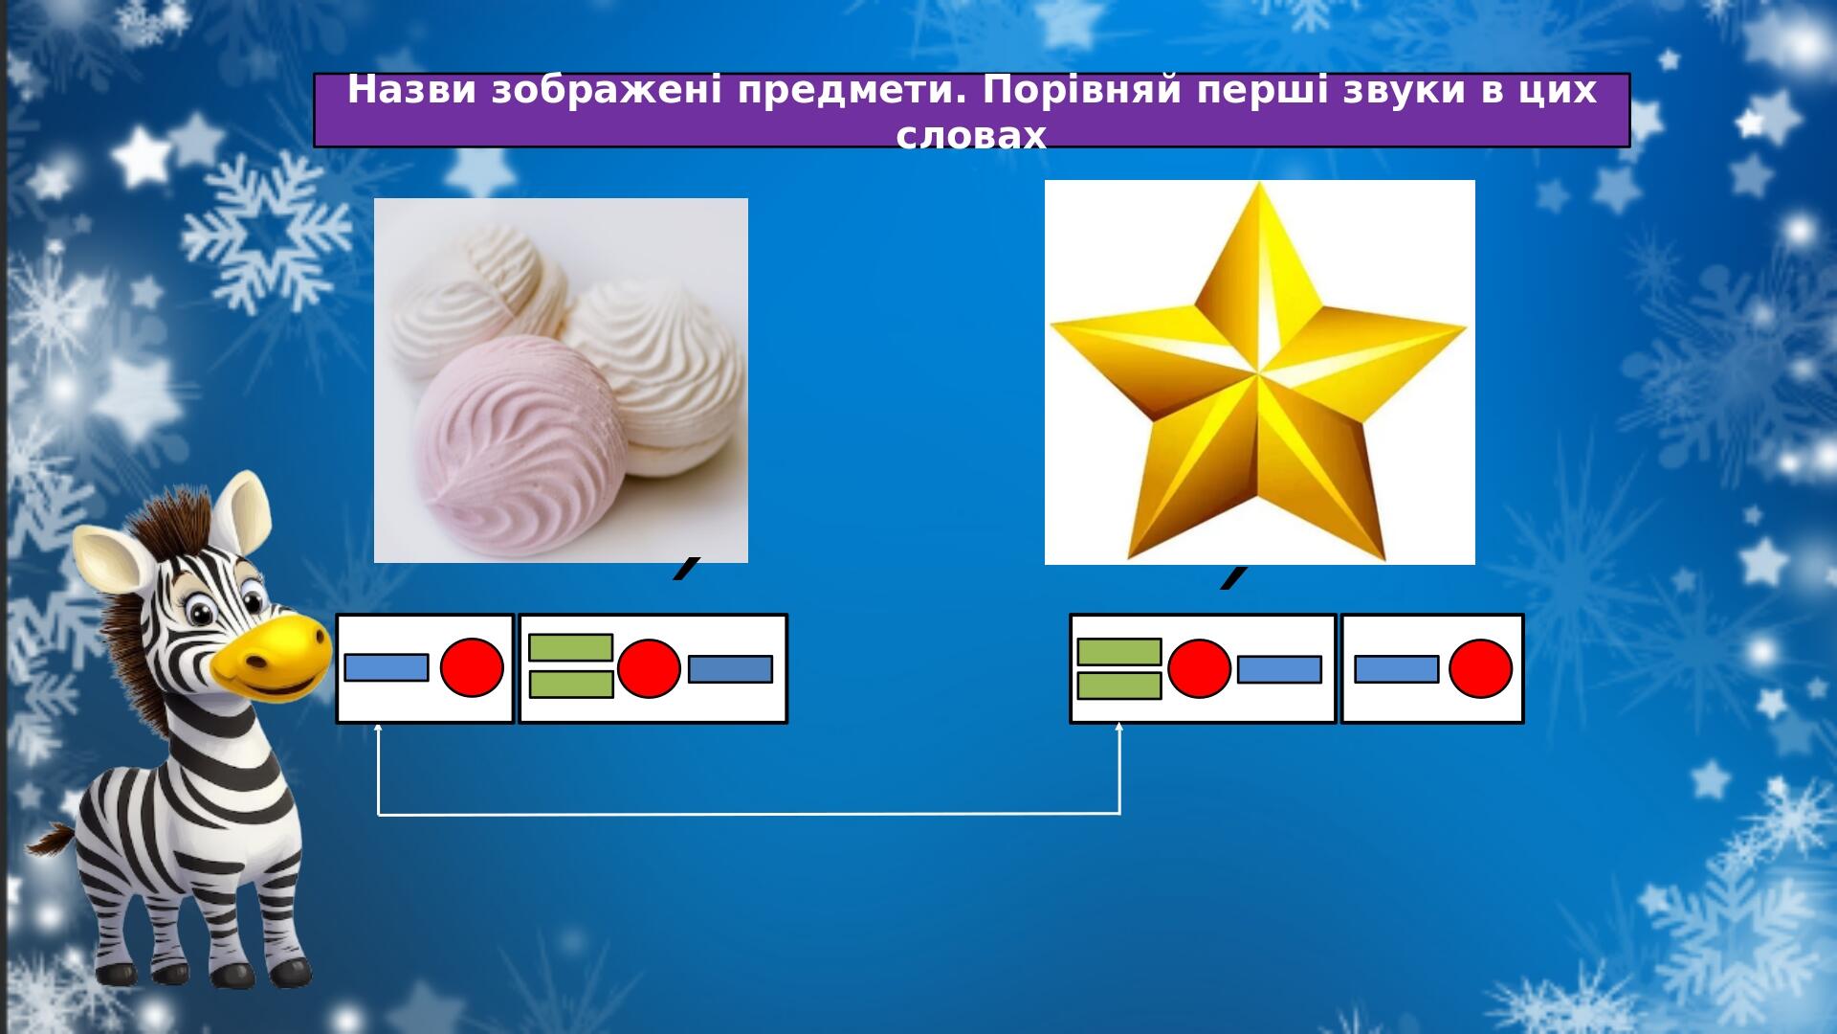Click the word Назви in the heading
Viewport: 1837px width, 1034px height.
pos(413,91)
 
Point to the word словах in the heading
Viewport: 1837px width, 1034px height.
pos(971,136)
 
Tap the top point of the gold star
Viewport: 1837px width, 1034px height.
pos(1259,184)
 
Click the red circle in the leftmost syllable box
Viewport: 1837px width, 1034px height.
pos(472,667)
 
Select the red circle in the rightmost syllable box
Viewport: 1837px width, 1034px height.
pos(1480,668)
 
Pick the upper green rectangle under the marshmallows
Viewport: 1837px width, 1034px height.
pos(570,647)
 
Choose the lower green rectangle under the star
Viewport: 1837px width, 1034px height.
pos(1119,686)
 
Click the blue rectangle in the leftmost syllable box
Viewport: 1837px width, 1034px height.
pos(387,667)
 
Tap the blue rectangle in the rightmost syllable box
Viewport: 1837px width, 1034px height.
pos(1397,669)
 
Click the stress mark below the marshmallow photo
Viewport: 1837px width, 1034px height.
pos(687,568)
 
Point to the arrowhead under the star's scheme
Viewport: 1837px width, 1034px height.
pos(1118,727)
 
